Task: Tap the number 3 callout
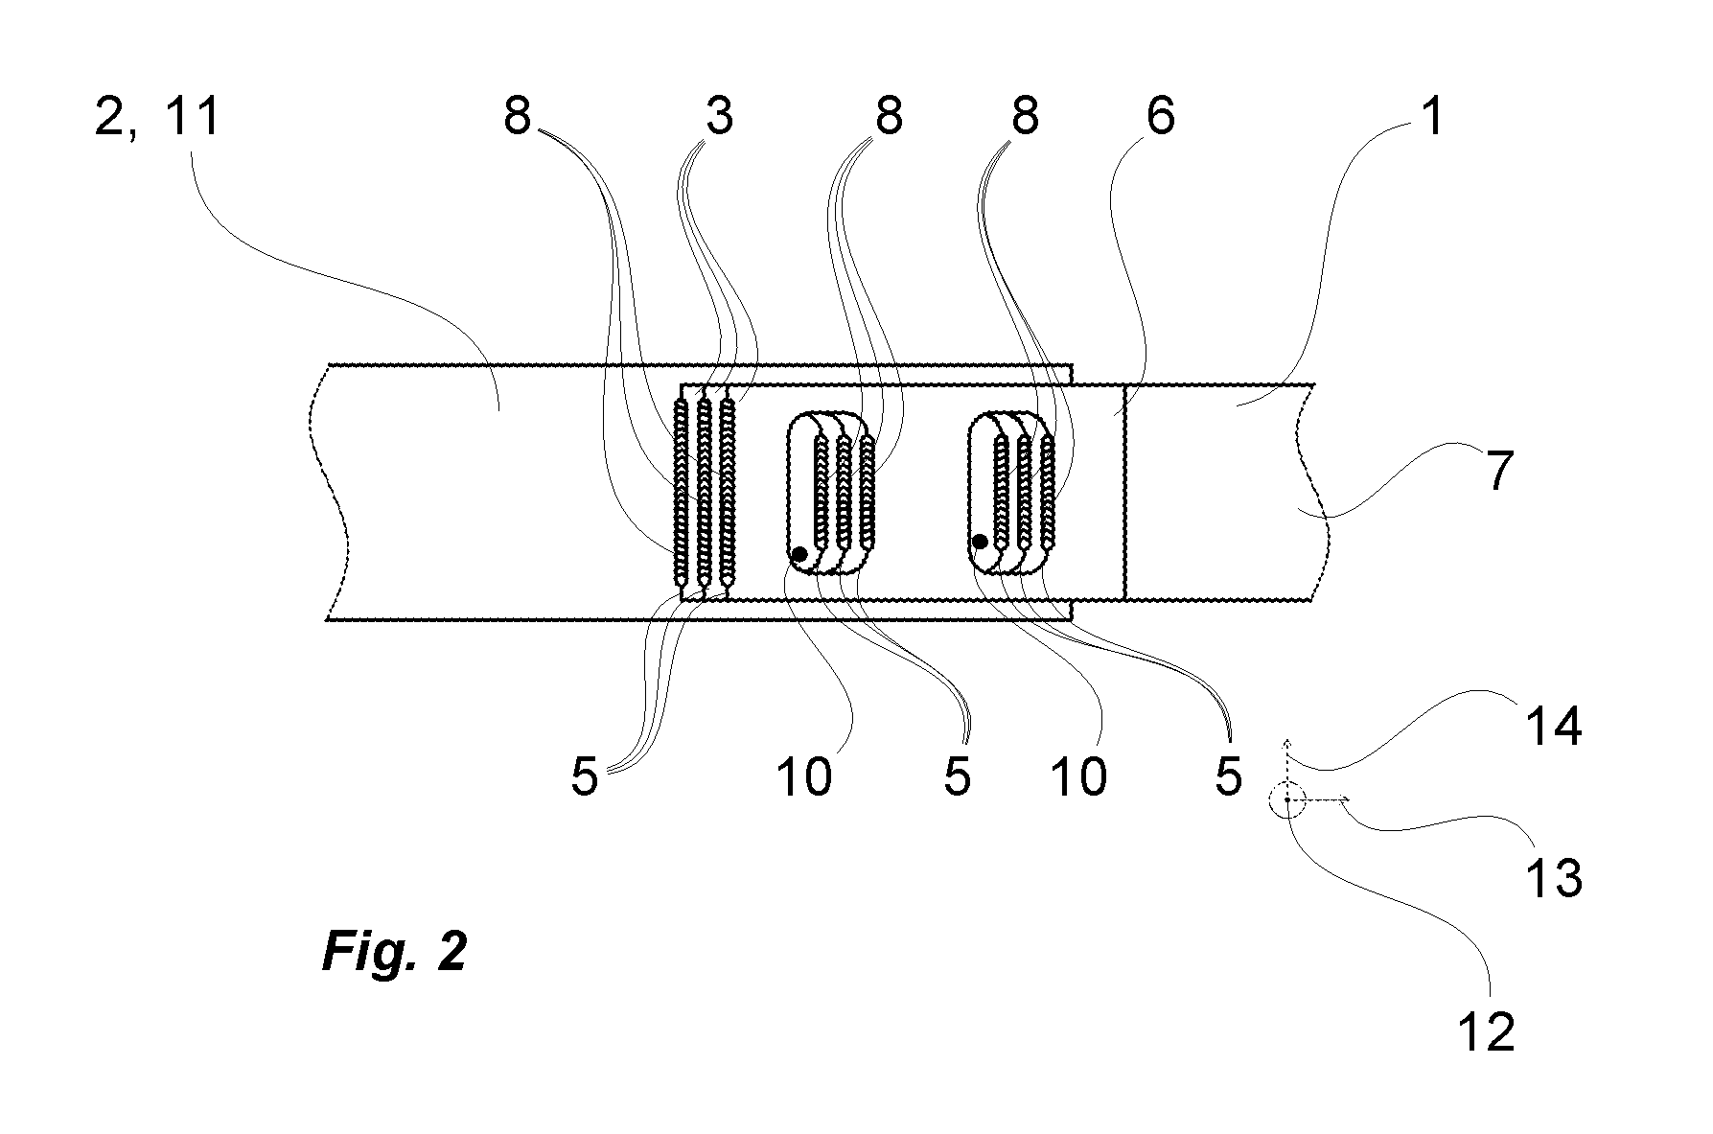(x=719, y=117)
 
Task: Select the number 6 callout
(x=1160, y=117)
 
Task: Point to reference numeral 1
(x=1431, y=117)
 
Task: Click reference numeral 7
(x=1500, y=472)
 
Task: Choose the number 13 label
(x=1553, y=876)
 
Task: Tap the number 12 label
(x=1486, y=1032)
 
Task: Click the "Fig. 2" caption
(x=395, y=952)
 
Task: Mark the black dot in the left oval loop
(x=799, y=554)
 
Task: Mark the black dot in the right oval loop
(x=980, y=542)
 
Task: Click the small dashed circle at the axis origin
(x=1286, y=798)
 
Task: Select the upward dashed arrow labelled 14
(x=1286, y=769)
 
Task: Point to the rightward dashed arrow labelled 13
(x=1319, y=798)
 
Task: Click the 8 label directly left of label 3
(x=517, y=117)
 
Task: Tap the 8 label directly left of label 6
(x=1024, y=117)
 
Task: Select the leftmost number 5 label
(x=584, y=776)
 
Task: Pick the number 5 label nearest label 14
(x=1228, y=776)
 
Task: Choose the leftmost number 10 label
(x=803, y=776)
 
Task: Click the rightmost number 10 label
(x=1079, y=776)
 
